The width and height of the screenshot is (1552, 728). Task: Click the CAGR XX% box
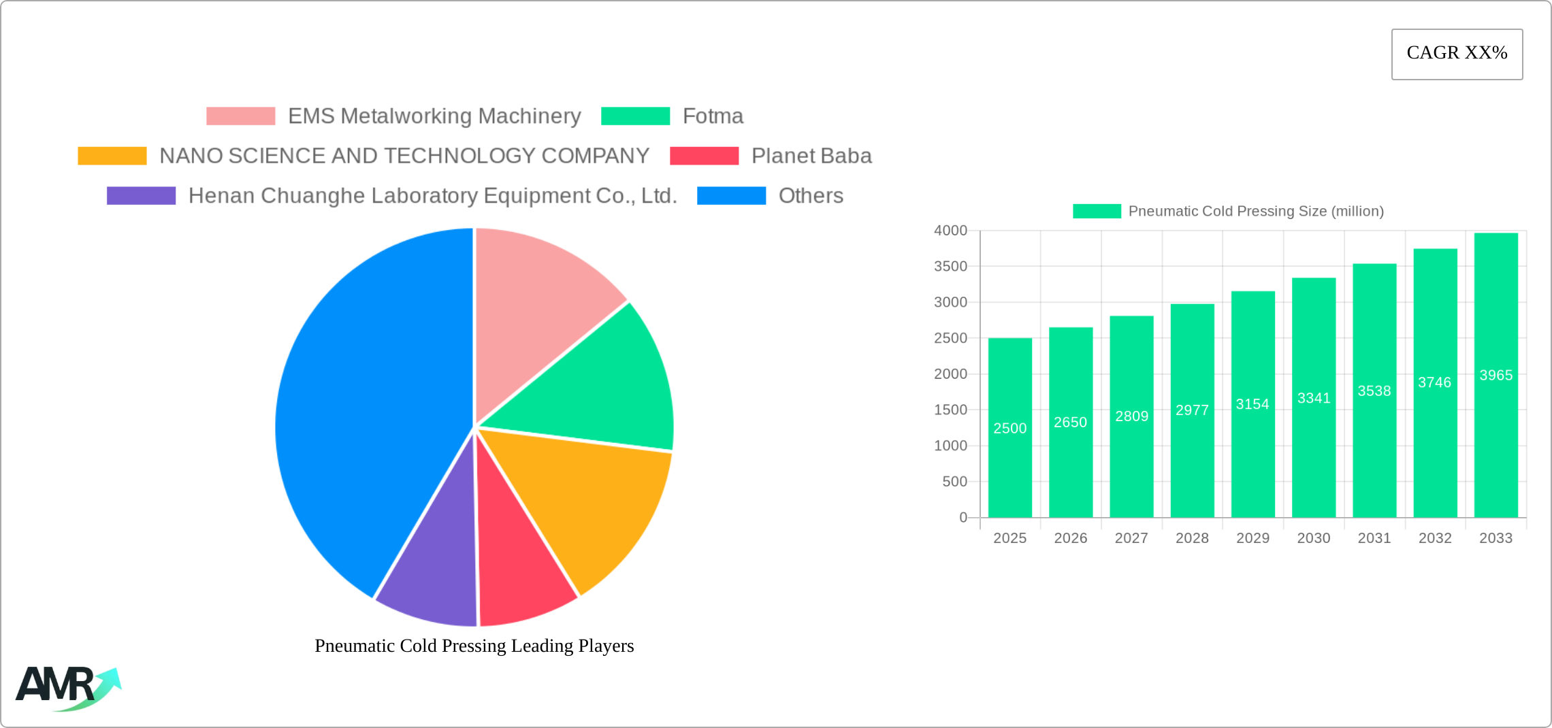point(1457,54)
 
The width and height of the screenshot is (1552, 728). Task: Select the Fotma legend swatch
point(635,116)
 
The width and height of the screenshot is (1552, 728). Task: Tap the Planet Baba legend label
point(811,156)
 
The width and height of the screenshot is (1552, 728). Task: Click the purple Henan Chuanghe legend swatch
point(141,196)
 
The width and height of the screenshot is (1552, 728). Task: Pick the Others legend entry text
point(811,196)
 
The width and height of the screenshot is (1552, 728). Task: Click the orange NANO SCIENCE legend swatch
point(112,156)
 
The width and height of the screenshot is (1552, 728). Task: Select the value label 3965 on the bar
point(1496,376)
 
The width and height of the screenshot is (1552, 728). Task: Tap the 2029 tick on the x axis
point(1252,538)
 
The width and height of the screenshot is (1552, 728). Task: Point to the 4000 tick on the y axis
point(950,231)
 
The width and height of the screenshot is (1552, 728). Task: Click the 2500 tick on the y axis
point(950,338)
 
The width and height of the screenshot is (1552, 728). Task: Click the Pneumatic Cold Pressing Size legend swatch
point(1097,212)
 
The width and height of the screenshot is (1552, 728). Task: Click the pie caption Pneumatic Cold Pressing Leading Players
point(474,646)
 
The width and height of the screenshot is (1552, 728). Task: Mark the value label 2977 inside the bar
point(1192,410)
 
